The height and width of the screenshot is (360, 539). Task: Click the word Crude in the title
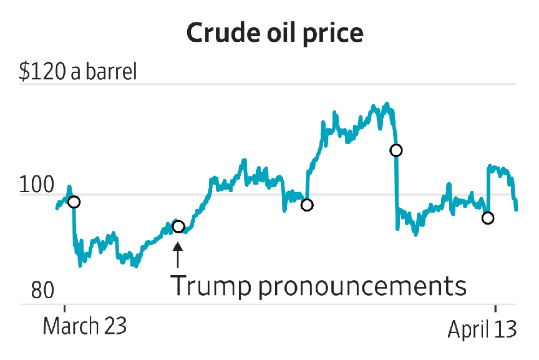click(219, 34)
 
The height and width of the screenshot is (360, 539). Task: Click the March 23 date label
click(85, 326)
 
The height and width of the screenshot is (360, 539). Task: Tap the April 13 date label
click(482, 329)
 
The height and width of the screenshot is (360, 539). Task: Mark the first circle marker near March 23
click(74, 202)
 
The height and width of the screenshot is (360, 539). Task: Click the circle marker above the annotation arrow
click(178, 226)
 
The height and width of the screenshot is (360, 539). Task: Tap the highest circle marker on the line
click(396, 150)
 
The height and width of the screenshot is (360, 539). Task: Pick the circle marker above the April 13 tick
click(488, 218)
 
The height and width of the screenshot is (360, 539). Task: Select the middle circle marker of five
click(306, 205)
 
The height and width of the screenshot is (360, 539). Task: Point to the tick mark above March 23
click(64, 308)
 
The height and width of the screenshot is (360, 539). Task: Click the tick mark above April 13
click(495, 308)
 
